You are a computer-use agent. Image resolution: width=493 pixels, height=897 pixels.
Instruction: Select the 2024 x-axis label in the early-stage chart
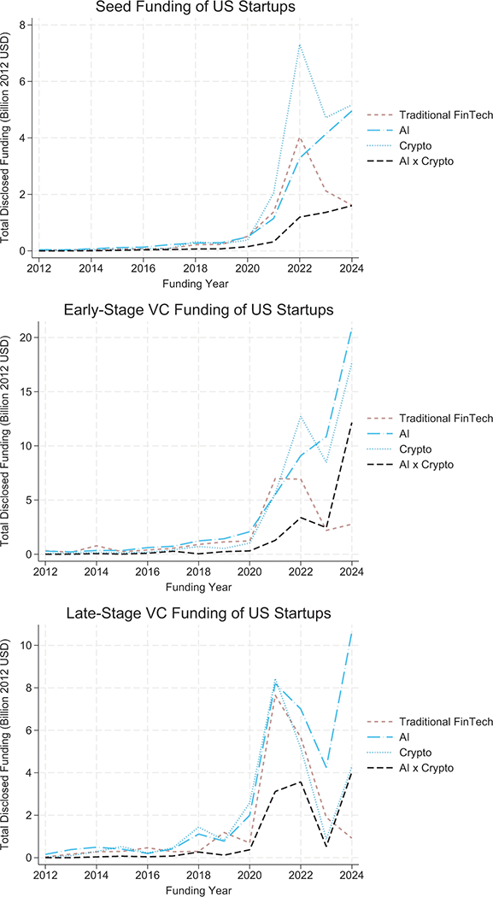click(x=350, y=570)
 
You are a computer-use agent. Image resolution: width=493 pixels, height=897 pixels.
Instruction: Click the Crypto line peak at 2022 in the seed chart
click(x=299, y=44)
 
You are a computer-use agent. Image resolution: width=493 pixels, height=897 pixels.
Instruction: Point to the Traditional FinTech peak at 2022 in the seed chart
click(x=299, y=138)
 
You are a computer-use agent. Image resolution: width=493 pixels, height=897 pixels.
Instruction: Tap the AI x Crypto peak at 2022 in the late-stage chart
click(x=299, y=781)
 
